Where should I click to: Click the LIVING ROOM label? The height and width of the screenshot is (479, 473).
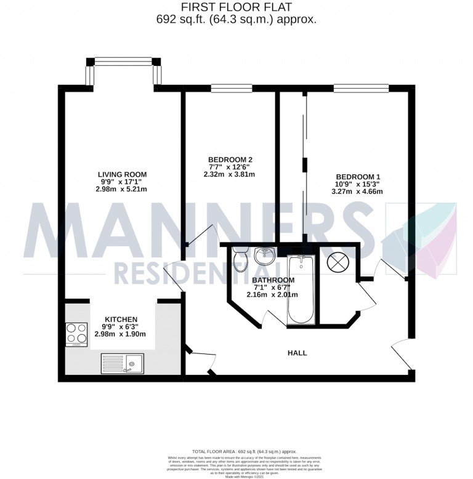[122, 174]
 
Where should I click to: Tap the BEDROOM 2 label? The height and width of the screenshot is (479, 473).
[231, 159]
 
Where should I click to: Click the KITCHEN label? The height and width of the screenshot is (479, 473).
[120, 319]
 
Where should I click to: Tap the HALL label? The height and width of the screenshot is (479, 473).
[297, 353]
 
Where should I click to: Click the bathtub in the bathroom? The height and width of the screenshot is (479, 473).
[301, 291]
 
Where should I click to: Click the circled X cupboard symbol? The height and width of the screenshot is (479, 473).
[338, 263]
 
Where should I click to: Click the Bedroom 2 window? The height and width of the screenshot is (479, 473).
[232, 88]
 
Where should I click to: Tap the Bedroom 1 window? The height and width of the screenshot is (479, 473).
[361, 88]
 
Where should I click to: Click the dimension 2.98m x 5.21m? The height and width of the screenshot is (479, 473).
[122, 190]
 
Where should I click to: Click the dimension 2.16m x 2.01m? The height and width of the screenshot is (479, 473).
[272, 294]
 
